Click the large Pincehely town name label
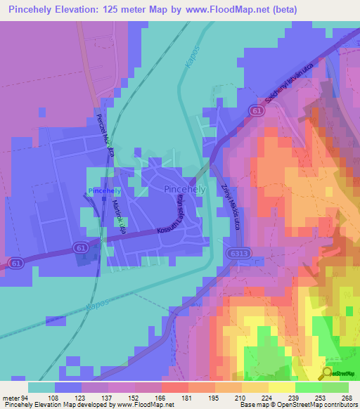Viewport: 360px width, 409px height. pyautogui.click(x=185, y=190)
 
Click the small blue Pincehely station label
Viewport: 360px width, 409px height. pyautogui.click(x=105, y=191)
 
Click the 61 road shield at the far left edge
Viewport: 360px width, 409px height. pyautogui.click(x=13, y=262)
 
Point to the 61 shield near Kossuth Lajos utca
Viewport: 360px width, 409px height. pyautogui.click(x=79, y=247)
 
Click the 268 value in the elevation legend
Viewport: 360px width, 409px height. pyautogui.click(x=346, y=397)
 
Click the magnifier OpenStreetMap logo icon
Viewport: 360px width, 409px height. pyautogui.click(x=327, y=373)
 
